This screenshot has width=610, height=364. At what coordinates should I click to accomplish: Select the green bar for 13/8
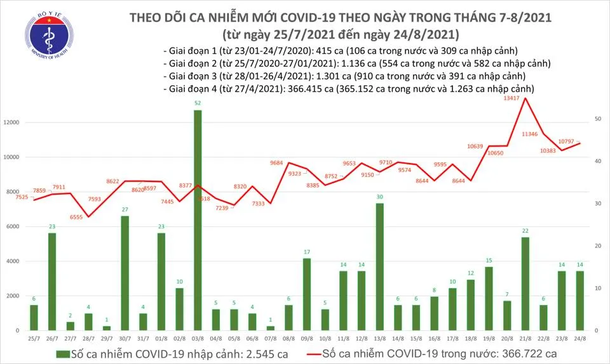click(x=379, y=267)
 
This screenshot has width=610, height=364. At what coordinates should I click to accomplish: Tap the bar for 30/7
click(x=125, y=273)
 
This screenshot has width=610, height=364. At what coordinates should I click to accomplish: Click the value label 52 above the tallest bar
click(x=198, y=103)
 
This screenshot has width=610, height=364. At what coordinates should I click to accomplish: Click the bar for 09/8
click(x=307, y=294)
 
